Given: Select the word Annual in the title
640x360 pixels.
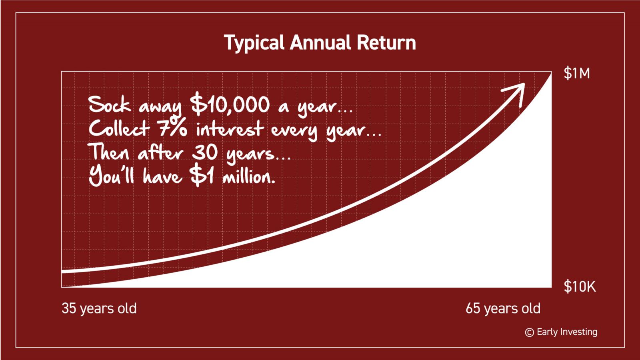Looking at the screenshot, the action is (x=320, y=42).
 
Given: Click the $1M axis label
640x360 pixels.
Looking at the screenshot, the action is (x=576, y=74).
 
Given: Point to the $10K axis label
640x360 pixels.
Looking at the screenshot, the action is (x=580, y=286).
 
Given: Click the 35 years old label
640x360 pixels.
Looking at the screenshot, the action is (x=99, y=309).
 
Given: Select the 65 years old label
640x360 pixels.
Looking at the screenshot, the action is (x=503, y=309).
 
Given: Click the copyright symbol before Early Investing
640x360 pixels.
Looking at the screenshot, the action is (x=530, y=332).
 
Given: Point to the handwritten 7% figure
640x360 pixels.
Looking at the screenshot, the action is (x=172, y=128).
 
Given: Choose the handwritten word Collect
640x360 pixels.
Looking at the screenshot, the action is (x=120, y=128).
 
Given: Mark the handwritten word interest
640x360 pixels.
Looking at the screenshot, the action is (x=230, y=128).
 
